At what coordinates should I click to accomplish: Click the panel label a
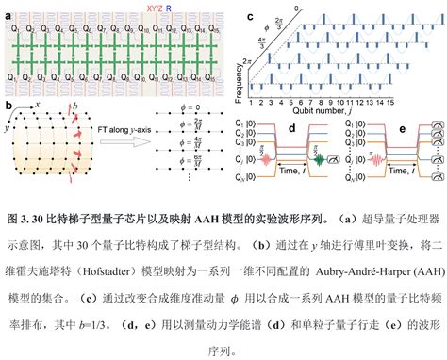tap(8, 8)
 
